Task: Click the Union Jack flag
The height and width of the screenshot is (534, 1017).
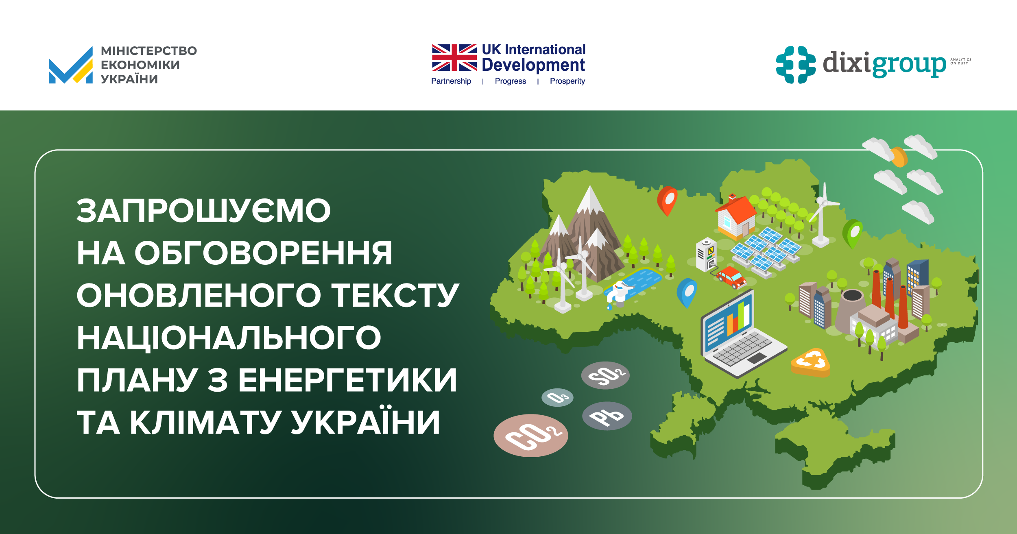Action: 454,58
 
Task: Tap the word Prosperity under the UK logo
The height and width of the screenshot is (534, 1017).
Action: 567,81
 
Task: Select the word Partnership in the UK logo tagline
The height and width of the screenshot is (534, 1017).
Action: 451,81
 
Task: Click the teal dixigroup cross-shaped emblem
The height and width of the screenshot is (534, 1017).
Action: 795,65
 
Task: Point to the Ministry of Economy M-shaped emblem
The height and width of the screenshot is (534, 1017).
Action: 71,66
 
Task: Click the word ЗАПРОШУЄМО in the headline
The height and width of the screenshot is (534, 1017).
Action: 203,211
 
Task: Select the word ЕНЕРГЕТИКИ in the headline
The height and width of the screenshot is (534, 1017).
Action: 347,380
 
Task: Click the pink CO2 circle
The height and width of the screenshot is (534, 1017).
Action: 530,436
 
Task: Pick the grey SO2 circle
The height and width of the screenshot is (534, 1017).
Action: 605,375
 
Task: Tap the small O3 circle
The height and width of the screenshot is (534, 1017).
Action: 557,397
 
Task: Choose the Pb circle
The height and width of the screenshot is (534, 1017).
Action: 607,416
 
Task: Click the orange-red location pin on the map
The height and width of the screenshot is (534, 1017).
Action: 667,199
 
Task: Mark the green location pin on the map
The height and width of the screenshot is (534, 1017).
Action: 852,232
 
